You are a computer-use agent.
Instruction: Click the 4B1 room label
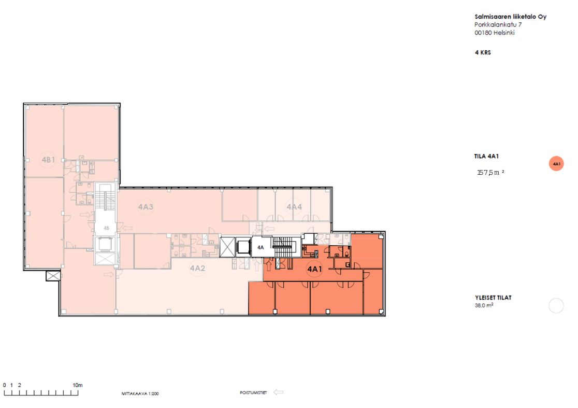[48, 160]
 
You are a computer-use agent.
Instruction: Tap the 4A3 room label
[146, 207]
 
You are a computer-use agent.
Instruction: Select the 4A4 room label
[294, 207]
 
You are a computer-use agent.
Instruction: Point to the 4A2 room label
[197, 268]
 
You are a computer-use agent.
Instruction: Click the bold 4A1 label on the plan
[315, 269]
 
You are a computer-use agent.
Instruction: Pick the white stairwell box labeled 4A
[261, 247]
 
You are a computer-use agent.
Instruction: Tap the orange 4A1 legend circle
[556, 163]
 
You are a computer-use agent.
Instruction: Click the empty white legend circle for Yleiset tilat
[556, 305]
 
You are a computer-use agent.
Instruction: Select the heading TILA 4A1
[486, 157]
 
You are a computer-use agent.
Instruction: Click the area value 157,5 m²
[490, 172]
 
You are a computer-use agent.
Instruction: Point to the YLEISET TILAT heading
[493, 298]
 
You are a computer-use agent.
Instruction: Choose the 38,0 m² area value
[484, 305]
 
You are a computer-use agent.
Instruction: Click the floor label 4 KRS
[483, 52]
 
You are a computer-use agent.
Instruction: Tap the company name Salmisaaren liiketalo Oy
[511, 17]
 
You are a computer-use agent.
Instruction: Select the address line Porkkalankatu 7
[498, 25]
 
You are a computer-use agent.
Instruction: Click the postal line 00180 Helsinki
[494, 33]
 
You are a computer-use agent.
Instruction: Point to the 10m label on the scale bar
[77, 385]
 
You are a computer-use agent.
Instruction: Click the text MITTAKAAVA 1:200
[140, 393]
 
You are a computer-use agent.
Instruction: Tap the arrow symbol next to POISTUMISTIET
[278, 392]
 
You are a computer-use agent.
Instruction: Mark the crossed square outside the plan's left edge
[53, 276]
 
